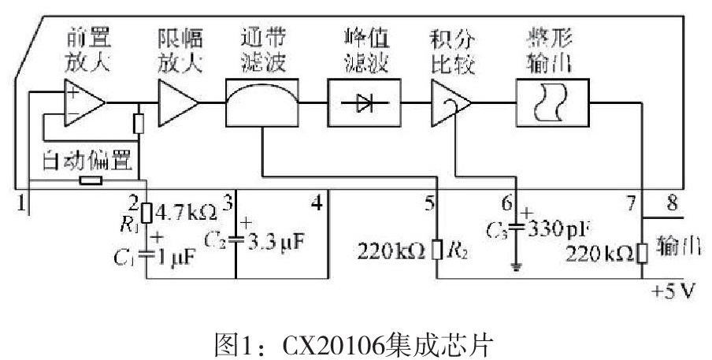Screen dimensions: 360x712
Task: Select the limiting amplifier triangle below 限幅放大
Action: point(178,102)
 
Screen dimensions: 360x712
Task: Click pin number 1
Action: point(24,203)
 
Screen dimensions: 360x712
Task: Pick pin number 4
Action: point(317,203)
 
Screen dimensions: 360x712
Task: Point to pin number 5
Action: point(429,203)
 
